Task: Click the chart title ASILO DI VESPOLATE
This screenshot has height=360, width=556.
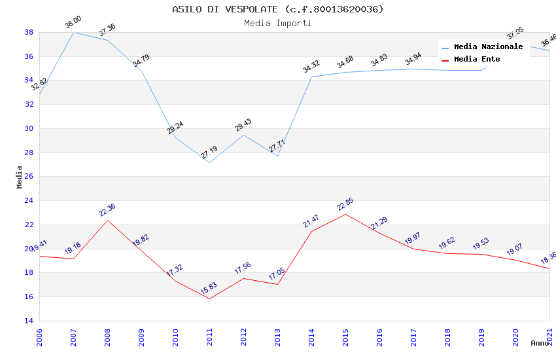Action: (x=278, y=9)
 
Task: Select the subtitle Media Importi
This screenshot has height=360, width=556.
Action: (x=278, y=23)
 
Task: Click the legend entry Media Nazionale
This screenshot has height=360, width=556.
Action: (x=488, y=47)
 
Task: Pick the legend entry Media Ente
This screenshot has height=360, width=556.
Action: (x=477, y=60)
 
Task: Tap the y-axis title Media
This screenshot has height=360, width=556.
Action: (x=20, y=177)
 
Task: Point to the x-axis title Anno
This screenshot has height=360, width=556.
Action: (x=540, y=343)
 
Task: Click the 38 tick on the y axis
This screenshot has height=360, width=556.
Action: (x=29, y=32)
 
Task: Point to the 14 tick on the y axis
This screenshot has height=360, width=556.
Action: (x=29, y=321)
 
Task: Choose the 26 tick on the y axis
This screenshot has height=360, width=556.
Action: (x=29, y=177)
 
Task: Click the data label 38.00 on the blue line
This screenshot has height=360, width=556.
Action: (x=73, y=24)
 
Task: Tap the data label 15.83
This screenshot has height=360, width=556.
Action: (x=209, y=289)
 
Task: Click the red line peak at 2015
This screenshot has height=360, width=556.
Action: (x=345, y=214)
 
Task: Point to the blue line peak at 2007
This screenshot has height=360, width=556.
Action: (x=73, y=32)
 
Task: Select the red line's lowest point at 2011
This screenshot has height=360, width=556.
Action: (x=209, y=298)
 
